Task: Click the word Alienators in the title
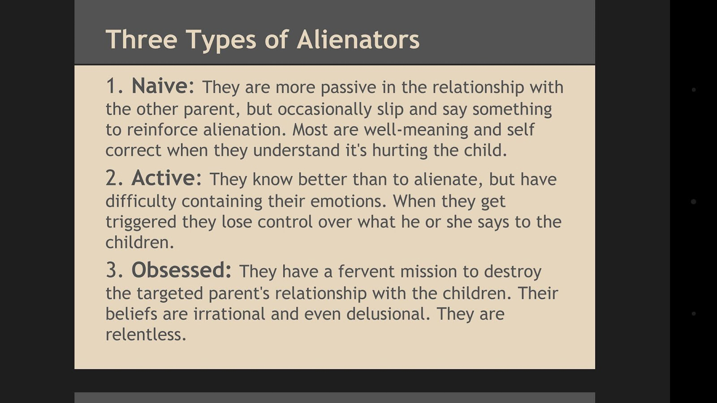pos(358,39)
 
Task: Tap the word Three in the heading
pos(142,39)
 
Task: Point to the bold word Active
pos(166,178)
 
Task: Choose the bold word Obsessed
pos(181,270)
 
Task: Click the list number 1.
pos(114,86)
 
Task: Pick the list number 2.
pos(114,178)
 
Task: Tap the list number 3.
pos(114,270)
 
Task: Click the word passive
pos(348,88)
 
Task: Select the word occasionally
pos(324,110)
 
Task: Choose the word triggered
pos(141,222)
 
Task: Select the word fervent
pos(367,271)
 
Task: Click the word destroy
pos(513,272)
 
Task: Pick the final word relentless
pos(146,334)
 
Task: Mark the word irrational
pos(229,314)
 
